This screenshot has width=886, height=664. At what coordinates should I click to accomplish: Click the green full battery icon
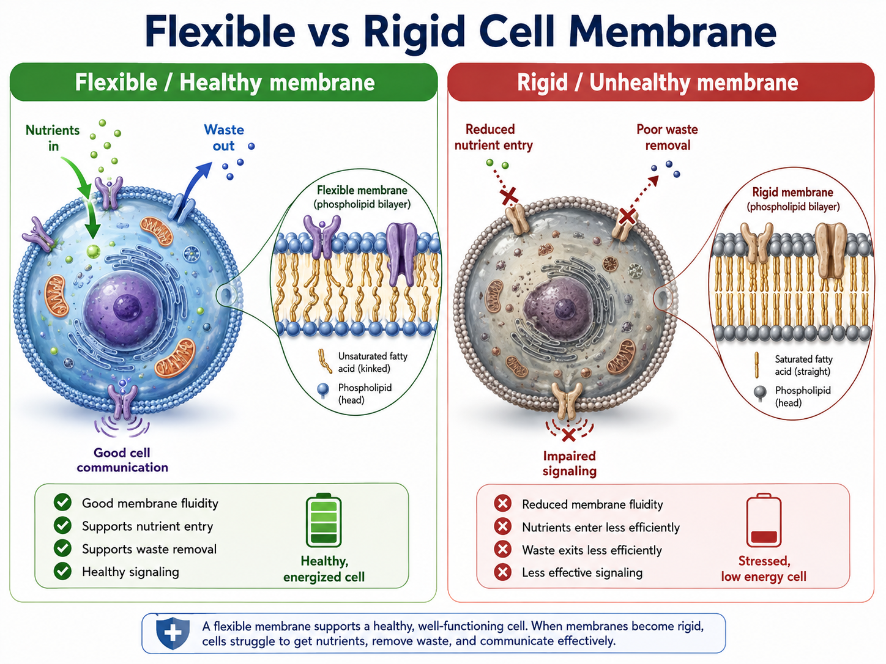[x=323, y=520]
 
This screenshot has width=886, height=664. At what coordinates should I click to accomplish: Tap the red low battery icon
[x=764, y=520]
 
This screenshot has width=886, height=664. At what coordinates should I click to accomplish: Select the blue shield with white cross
[x=173, y=633]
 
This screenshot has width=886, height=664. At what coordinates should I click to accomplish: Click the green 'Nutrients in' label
[x=53, y=138]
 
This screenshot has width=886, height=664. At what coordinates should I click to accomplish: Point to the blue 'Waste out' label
[x=224, y=138]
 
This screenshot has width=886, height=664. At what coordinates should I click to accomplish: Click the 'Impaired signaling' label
[x=569, y=463]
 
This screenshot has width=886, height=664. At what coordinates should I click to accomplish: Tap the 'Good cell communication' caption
[x=122, y=460]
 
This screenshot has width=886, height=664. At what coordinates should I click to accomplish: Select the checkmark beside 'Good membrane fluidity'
[x=62, y=503]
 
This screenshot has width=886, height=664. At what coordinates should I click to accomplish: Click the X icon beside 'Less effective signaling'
[x=503, y=572]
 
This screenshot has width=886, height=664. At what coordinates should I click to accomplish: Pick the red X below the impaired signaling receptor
[x=568, y=435]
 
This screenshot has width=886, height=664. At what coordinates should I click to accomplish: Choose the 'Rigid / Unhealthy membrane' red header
[x=661, y=83]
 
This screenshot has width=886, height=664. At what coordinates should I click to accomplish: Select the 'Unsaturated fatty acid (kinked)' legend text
[x=373, y=362]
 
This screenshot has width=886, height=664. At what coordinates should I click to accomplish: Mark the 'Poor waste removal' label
[x=667, y=137]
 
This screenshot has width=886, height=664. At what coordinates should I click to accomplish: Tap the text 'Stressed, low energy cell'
[x=764, y=569]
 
